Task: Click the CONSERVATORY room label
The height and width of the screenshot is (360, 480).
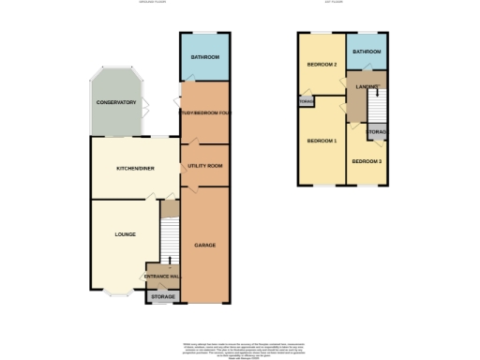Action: point(115,102)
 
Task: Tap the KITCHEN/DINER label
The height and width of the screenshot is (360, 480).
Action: point(134,169)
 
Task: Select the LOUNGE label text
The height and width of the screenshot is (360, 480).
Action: point(125,234)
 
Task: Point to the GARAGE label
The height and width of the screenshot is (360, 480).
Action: point(204,246)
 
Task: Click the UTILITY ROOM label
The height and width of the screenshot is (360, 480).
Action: point(204,165)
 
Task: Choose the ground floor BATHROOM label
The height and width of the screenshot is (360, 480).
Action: point(204,58)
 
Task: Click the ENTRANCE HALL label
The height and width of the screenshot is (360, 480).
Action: point(162,277)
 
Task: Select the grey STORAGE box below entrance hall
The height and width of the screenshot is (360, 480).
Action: point(163,297)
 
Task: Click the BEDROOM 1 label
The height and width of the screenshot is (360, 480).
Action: point(322,141)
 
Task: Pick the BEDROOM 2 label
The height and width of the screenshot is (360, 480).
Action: point(322,65)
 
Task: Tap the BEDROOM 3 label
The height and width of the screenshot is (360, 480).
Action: point(367,161)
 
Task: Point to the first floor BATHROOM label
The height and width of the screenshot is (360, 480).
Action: point(367,52)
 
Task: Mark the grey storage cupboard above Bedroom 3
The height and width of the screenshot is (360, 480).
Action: point(378,133)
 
